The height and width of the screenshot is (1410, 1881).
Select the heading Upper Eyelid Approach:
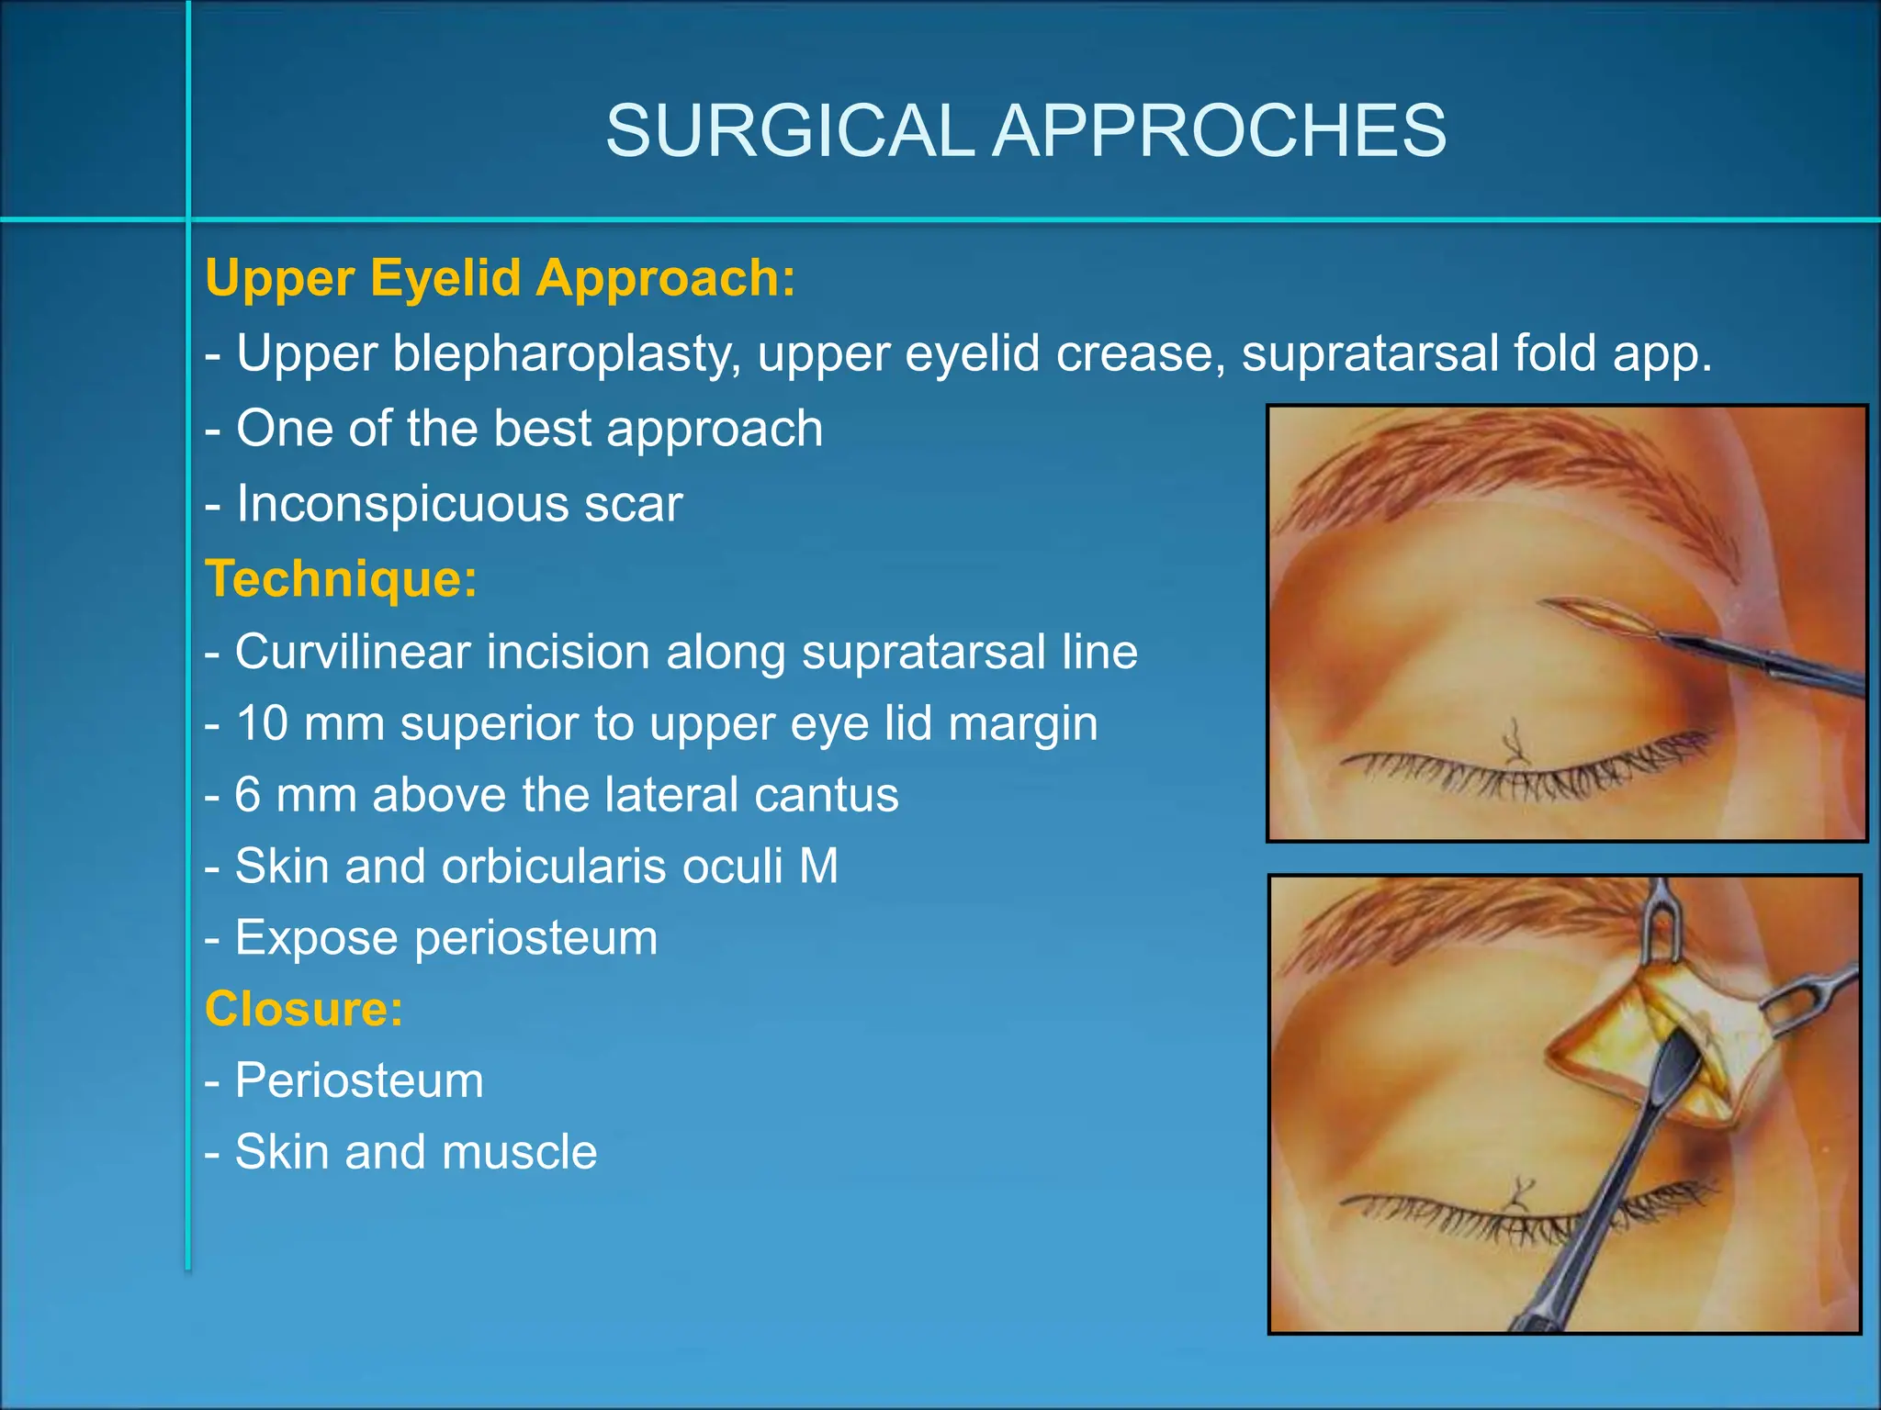click(x=500, y=277)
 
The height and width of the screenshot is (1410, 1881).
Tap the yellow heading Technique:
click(x=341, y=578)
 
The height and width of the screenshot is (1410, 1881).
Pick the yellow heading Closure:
click(x=304, y=1008)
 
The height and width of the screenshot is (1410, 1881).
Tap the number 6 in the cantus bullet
click(x=247, y=794)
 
